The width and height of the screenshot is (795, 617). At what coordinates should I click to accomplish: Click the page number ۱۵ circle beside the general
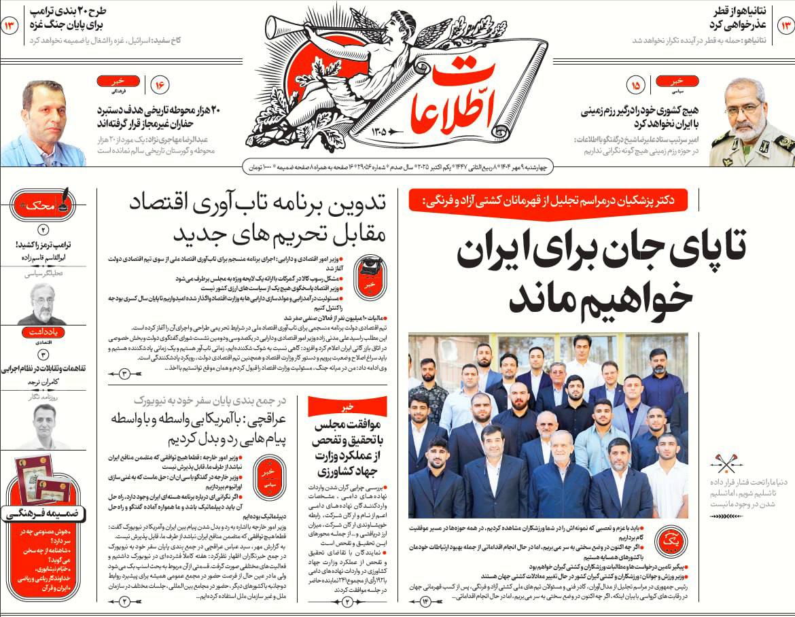coord(636,86)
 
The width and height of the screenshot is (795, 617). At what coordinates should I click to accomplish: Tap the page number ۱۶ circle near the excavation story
coord(161,86)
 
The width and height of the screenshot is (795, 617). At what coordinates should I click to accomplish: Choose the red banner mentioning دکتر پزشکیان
coord(548,200)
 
